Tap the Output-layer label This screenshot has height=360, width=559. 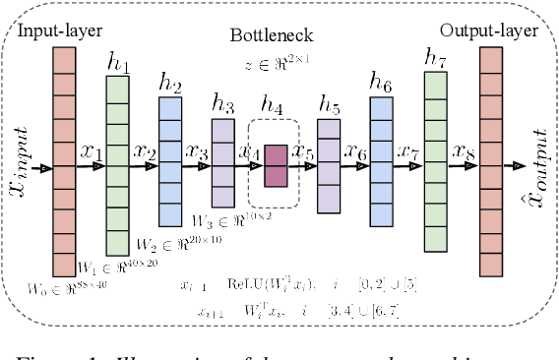tap(490, 30)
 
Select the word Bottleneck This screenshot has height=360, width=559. tap(272, 36)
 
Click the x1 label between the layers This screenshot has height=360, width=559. tap(91, 153)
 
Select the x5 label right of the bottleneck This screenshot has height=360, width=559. tap(303, 153)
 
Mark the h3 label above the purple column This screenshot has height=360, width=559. tap(223, 103)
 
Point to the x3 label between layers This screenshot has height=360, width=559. tap(197, 152)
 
